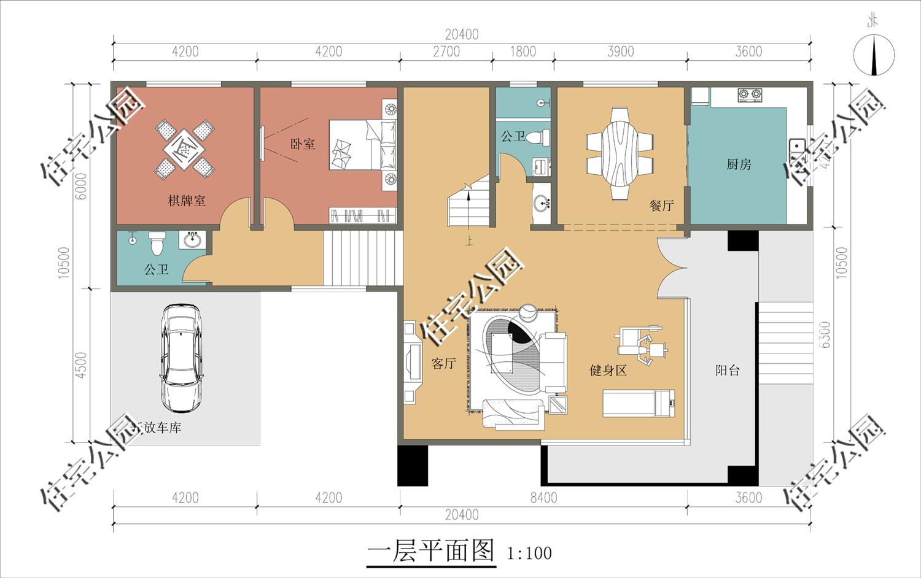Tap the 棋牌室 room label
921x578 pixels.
tap(187, 201)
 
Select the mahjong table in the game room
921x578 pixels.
tap(183, 148)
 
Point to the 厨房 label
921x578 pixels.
tap(739, 164)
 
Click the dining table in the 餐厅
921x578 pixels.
tap(620, 153)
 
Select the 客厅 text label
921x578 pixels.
tap(443, 363)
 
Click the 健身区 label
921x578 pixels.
tap(608, 370)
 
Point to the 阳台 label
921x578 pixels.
tap(728, 370)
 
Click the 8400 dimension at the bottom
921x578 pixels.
tap(543, 498)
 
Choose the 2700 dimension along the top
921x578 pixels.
tap(446, 52)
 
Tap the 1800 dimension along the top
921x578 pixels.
tap(523, 52)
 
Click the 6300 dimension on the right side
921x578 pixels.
tap(825, 334)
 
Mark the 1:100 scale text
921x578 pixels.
tap(529, 553)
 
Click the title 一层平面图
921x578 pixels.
tap(430, 551)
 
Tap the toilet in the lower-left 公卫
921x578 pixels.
tap(157, 242)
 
